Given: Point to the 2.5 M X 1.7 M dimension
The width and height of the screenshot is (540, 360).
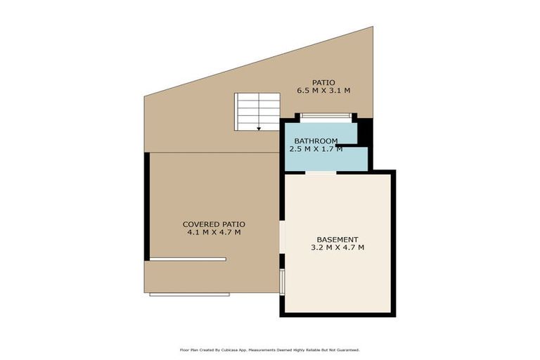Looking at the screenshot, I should (316, 149).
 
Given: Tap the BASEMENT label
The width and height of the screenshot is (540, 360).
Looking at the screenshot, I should (337, 239).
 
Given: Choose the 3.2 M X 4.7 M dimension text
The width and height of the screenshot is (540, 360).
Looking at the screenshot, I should (337, 247).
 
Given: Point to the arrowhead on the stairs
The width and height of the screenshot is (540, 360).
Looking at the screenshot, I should (259, 128).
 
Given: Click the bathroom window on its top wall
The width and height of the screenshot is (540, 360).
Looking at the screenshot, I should (326, 116).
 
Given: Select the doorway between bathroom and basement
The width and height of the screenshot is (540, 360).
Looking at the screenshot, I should (321, 172).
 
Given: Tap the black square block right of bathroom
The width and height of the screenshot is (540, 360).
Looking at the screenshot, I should (364, 131).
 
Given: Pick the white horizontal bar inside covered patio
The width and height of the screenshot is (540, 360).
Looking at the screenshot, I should (188, 259).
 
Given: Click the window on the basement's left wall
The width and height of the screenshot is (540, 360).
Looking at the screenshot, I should (281, 281).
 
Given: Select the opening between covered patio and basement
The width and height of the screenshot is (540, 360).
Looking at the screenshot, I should (281, 237).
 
